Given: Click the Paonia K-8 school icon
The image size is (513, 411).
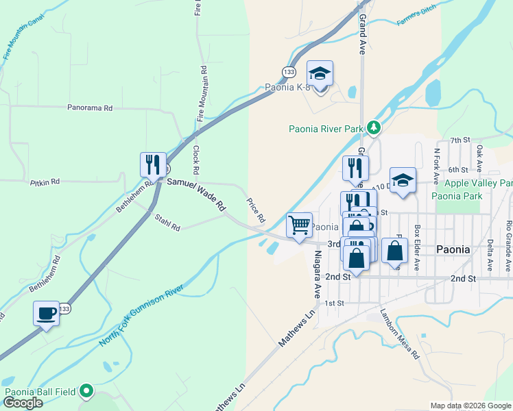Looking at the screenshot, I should pyautogui.click(x=320, y=73).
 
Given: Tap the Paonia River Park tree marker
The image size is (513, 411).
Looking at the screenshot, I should pyautogui.click(x=373, y=127).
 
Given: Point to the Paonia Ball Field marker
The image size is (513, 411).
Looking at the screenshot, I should pyautogui.click(x=86, y=391).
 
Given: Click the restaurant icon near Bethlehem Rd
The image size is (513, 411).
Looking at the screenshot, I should pyautogui.click(x=153, y=164).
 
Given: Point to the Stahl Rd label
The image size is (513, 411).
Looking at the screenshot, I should pyautogui.click(x=167, y=223).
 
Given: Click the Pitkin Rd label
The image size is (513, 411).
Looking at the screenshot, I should pyautogui.click(x=45, y=182).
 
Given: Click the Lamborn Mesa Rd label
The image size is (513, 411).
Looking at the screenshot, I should pyautogui.click(x=400, y=334).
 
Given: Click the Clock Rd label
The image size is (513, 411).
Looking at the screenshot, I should pyautogui.click(x=196, y=159).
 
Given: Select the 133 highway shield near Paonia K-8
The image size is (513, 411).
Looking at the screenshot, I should pyautogui.click(x=289, y=72).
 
